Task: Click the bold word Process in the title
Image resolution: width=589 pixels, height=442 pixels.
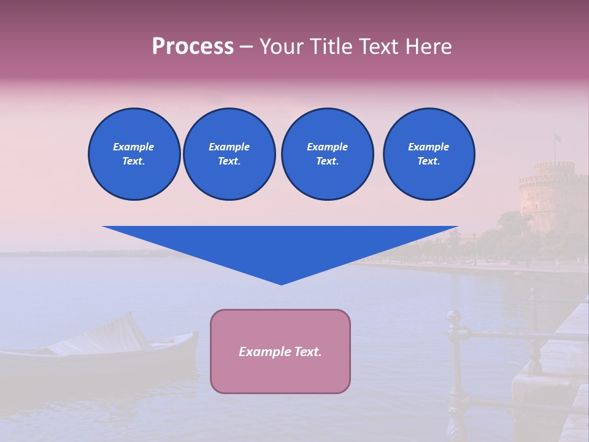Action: pyautogui.click(x=193, y=47)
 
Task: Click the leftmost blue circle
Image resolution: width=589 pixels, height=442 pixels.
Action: pyautogui.click(x=134, y=154)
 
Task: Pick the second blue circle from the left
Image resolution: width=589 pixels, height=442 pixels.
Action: pyautogui.click(x=229, y=154)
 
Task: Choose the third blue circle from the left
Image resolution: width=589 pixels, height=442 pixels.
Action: pyautogui.click(x=327, y=154)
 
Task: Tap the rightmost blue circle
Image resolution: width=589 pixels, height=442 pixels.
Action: pyautogui.click(x=428, y=154)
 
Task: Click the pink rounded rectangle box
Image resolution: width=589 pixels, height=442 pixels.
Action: pyautogui.click(x=280, y=368)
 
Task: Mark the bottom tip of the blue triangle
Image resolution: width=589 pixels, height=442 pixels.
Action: pyautogui.click(x=281, y=284)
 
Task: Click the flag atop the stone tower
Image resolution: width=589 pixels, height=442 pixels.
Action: pyautogui.click(x=557, y=138)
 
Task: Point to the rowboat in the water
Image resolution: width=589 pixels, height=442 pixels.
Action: pyautogui.click(x=98, y=353)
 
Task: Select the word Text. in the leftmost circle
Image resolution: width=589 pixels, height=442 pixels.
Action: pyautogui.click(x=134, y=161)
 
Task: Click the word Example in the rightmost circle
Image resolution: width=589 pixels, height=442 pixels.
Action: pyautogui.click(x=428, y=147)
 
